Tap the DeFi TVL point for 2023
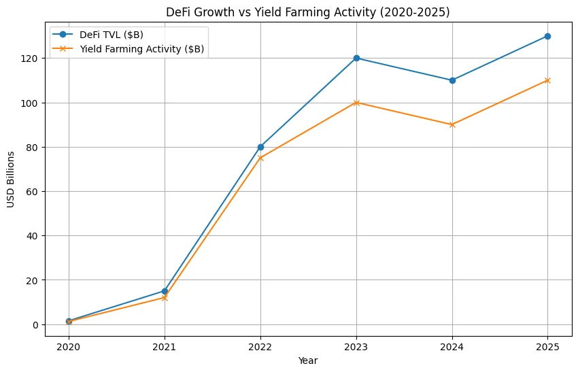(356, 58)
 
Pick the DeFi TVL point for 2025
(547, 36)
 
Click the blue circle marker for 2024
(452, 80)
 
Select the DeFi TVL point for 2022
(260, 147)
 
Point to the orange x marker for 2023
(356, 103)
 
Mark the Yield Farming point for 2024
(452, 124)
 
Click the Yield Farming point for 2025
(547, 80)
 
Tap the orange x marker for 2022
(260, 158)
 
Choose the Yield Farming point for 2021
(165, 298)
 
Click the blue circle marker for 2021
(165, 291)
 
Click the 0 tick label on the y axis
(38, 324)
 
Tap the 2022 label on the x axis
(260, 346)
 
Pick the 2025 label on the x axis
(547, 346)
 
